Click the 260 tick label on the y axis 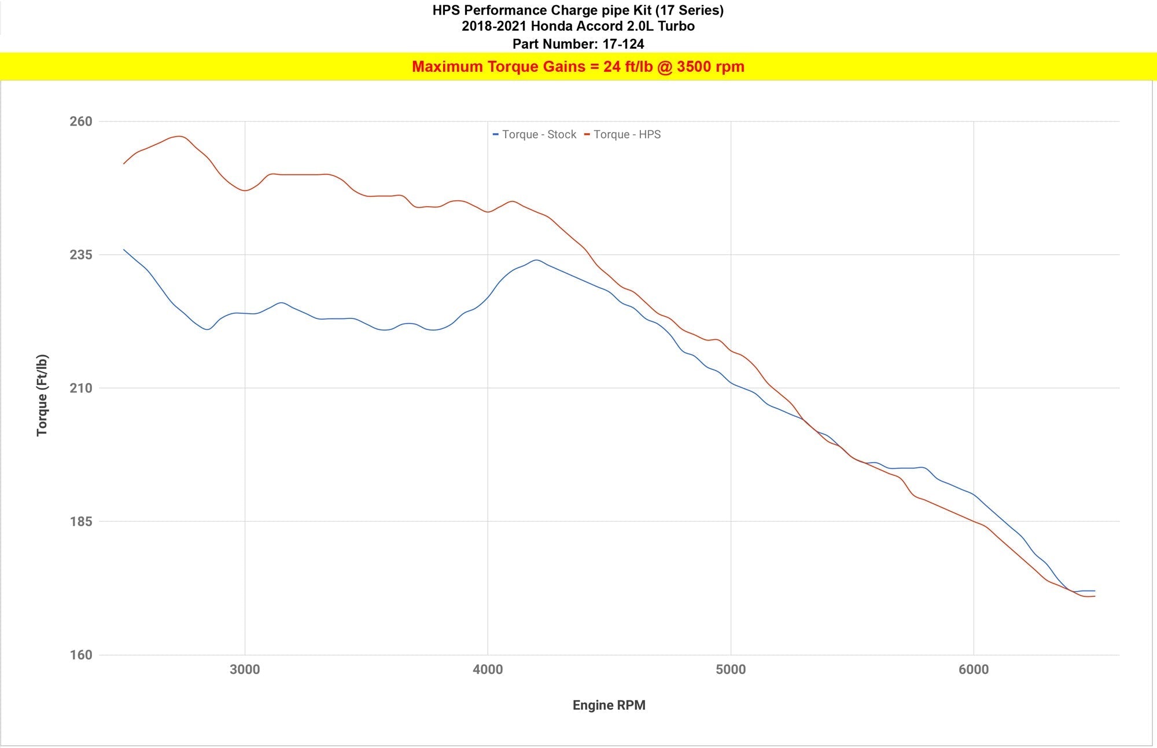[x=81, y=122]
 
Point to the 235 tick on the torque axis [x=81, y=255]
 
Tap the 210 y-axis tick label [x=81, y=388]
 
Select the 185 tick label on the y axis [x=81, y=522]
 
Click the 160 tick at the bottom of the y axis [x=81, y=655]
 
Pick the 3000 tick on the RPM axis [x=245, y=670]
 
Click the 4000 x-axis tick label [x=488, y=670]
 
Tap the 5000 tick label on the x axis [x=731, y=670]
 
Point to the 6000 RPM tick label [x=974, y=670]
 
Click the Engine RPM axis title [x=609, y=705]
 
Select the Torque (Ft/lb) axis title [x=42, y=395]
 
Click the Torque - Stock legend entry [x=535, y=134]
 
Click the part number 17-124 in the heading [x=623, y=44]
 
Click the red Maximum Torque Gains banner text [x=578, y=67]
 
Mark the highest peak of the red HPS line [x=180, y=137]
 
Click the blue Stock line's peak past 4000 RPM [x=536, y=260]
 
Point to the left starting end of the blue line [x=124, y=250]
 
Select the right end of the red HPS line [x=1095, y=596]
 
